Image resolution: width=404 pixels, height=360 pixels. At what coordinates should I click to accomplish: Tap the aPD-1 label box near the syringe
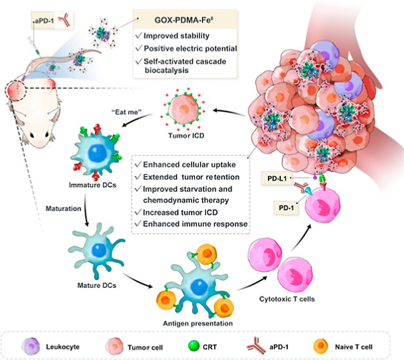click(x=44, y=23)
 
